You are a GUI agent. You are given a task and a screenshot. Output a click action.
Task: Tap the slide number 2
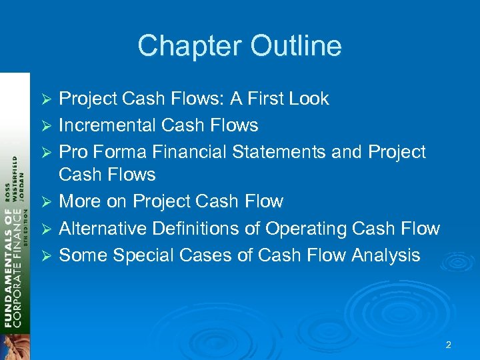[x=448, y=345]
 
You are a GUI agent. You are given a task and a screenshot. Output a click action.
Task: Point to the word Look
[x=309, y=99]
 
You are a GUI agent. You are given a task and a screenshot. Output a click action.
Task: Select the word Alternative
[x=102, y=229]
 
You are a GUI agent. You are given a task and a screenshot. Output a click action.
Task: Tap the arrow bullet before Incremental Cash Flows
[x=47, y=126]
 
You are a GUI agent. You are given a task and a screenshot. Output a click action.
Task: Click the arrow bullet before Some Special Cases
[x=47, y=255]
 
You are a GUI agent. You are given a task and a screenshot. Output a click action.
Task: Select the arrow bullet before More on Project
[x=47, y=202]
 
